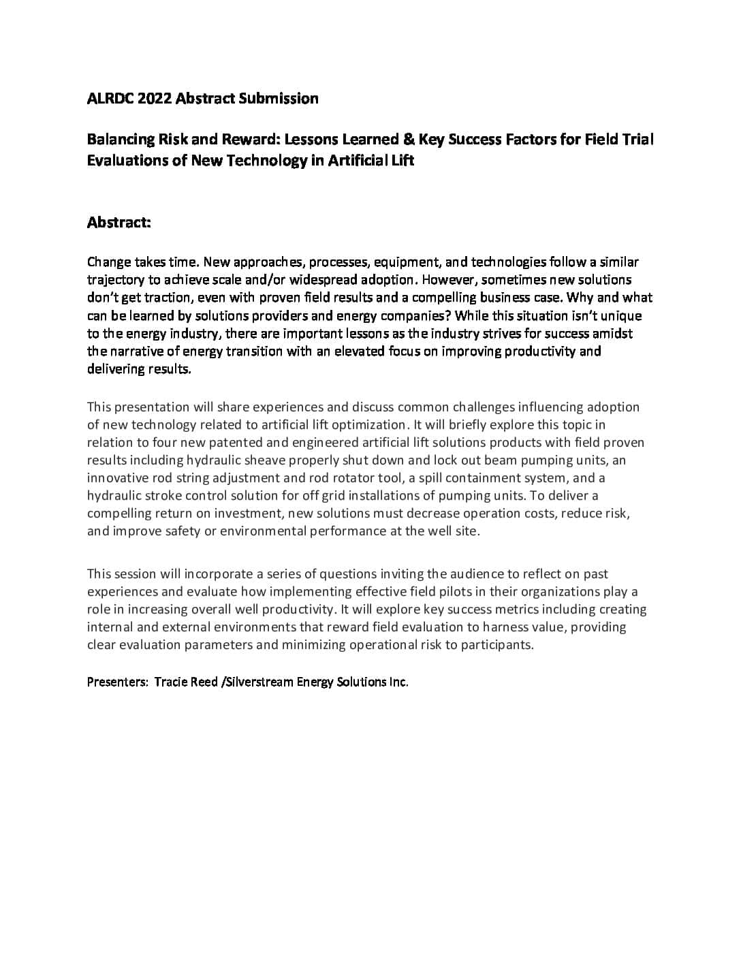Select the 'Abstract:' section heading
pos(119,223)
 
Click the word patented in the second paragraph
pos(235,443)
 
